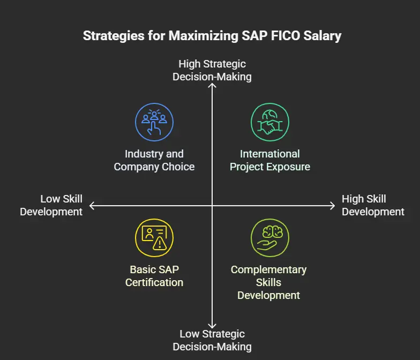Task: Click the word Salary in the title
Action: [322, 36]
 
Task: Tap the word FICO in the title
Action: [285, 35]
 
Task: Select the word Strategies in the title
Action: [114, 36]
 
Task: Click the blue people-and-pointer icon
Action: [154, 122]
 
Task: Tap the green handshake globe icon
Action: [270, 122]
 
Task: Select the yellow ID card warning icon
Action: [154, 238]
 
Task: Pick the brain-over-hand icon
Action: [270, 238]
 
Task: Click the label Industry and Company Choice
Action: [154, 160]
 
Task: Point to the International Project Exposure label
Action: [270, 160]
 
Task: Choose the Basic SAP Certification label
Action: [154, 276]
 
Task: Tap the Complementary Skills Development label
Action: [269, 282]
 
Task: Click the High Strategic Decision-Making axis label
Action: [212, 70]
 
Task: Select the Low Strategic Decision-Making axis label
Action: [212, 340]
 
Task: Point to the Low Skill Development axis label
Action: [51, 205]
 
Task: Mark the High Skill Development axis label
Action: [373, 205]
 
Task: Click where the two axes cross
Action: [212, 206]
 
